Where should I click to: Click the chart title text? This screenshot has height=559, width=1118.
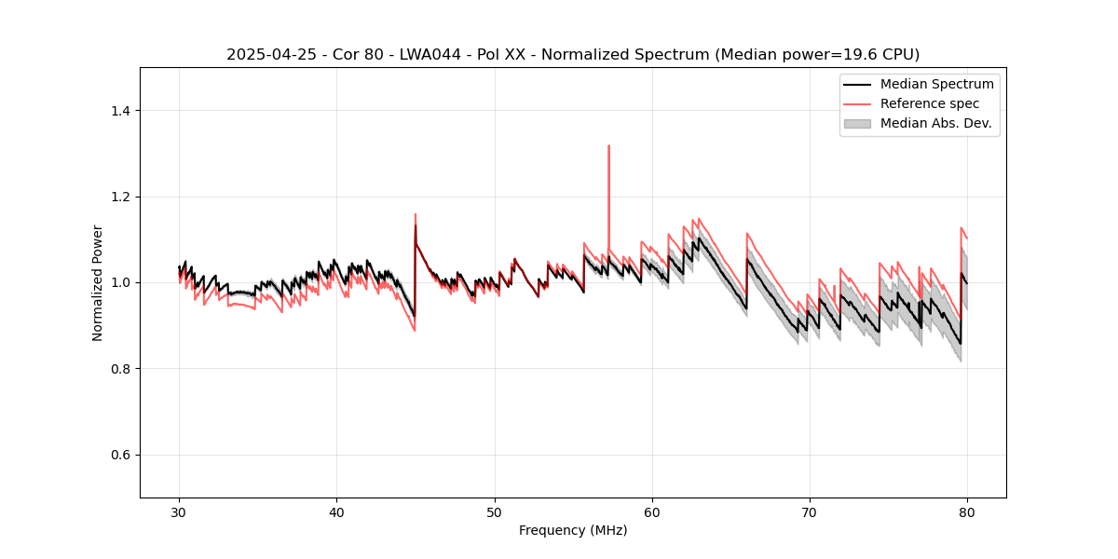pyautogui.click(x=573, y=54)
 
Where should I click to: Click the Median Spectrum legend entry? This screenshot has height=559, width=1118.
pyautogui.click(x=936, y=84)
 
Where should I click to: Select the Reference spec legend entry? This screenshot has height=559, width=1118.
pyautogui.click(x=930, y=103)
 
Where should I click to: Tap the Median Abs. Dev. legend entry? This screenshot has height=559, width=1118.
pyautogui.click(x=935, y=123)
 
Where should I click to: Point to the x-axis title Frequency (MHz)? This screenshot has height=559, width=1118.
pyautogui.click(x=573, y=530)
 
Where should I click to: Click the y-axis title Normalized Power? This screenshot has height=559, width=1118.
pyautogui.click(x=98, y=282)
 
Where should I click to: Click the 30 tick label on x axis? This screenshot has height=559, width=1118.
pyautogui.click(x=179, y=512)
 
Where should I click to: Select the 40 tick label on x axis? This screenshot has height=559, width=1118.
pyautogui.click(x=336, y=512)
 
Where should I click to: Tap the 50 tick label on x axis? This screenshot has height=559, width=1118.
pyautogui.click(x=494, y=512)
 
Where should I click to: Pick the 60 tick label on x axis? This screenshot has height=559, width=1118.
pyautogui.click(x=652, y=512)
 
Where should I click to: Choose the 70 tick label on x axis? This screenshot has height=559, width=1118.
pyautogui.click(x=810, y=512)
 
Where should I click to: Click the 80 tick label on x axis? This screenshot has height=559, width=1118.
pyautogui.click(x=967, y=512)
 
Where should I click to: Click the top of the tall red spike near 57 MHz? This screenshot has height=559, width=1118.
pyautogui.click(x=608, y=146)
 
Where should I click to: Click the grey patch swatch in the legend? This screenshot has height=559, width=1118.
pyautogui.click(x=857, y=123)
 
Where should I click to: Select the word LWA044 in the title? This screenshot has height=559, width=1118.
pyautogui.click(x=393, y=54)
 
